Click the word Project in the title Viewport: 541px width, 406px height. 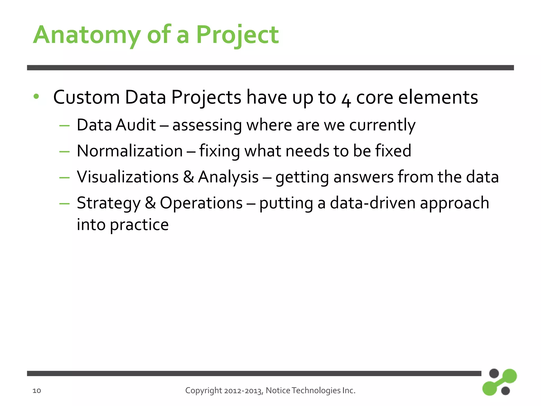point(237,35)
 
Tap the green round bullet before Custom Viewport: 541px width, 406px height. point(36,97)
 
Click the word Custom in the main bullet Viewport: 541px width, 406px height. point(86,97)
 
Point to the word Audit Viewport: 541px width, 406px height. point(136,125)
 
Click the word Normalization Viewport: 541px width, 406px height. point(130,151)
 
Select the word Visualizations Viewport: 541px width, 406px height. point(128,177)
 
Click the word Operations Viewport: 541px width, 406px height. point(201,203)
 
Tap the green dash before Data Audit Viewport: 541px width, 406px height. point(64,126)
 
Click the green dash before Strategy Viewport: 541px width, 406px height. point(64,204)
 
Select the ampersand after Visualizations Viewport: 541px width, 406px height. point(188,177)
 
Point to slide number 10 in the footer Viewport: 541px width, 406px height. point(37,391)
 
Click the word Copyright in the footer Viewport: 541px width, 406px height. point(203,391)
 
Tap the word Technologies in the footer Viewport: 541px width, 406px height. point(316,391)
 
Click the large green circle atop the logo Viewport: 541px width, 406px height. point(509,376)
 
